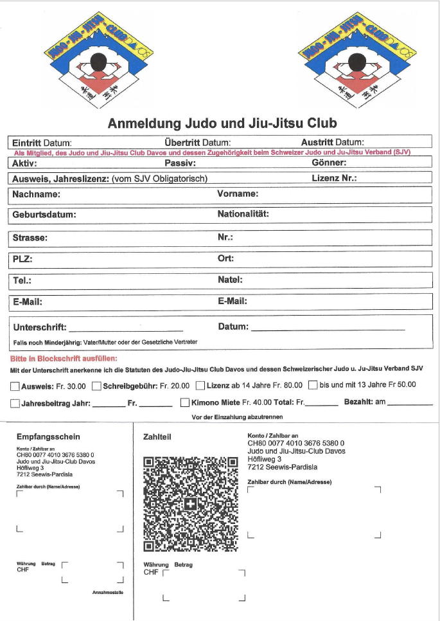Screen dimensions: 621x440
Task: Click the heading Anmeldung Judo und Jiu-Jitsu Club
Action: pyautogui.click(x=222, y=123)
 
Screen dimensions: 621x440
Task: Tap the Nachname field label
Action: pyautogui.click(x=37, y=194)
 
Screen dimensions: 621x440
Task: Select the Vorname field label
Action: pyautogui.click(x=238, y=194)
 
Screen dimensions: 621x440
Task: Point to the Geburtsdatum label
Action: pyautogui.click(x=44, y=215)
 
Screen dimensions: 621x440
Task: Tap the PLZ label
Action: pyautogui.click(x=22, y=260)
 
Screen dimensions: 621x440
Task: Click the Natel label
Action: pyautogui.click(x=230, y=280)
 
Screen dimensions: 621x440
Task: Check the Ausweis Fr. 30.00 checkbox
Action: pyautogui.click(x=15, y=386)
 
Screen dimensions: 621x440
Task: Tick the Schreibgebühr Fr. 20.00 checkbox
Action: pyautogui.click(x=96, y=386)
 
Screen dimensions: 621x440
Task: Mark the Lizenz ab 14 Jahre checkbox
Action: pyautogui.click(x=200, y=386)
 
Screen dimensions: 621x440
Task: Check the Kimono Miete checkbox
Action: pyautogui.click(x=185, y=404)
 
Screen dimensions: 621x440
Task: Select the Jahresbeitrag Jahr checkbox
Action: pyautogui.click(x=15, y=404)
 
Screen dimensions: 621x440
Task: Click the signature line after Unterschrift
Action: pyautogui.click(x=126, y=329)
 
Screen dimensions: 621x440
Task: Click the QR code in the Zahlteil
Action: pyautogui.click(x=191, y=504)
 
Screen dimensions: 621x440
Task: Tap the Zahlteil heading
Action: pyautogui.click(x=156, y=437)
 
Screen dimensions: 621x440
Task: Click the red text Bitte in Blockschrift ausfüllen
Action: pyautogui.click(x=64, y=359)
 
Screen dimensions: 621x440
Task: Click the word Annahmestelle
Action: pyautogui.click(x=107, y=592)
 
